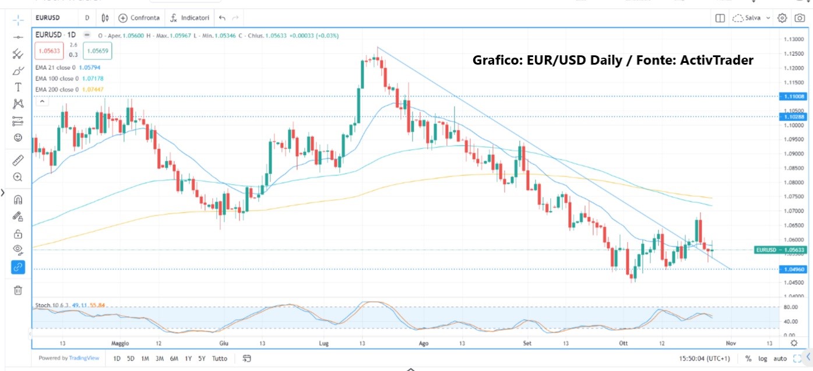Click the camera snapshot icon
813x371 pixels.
coord(800,18)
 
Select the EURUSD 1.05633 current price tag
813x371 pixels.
coord(780,250)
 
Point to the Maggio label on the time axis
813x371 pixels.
coord(121,343)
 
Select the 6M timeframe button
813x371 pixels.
coord(174,358)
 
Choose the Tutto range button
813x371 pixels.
coord(220,358)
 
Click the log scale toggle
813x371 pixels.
coord(762,358)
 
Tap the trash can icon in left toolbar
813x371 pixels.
coord(18,290)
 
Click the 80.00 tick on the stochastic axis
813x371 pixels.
coord(790,307)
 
